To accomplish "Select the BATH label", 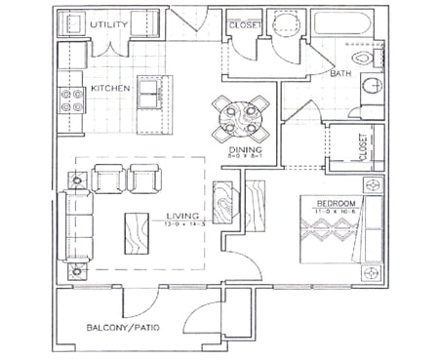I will pos(340,74).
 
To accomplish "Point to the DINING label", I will pos(234,149).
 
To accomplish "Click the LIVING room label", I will pos(182,216).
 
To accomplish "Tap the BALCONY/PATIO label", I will pos(122,327).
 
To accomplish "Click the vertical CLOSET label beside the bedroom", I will pos(363,147).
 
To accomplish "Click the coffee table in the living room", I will pos(138,233).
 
